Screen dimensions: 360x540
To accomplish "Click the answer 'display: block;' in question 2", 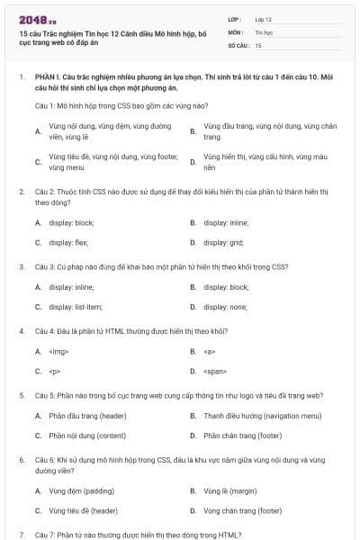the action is pyautogui.click(x=71, y=221).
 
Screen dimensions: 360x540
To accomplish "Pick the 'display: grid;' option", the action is pyautogui.click(x=223, y=242).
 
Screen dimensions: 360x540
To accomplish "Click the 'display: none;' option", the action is pyautogui.click(x=225, y=307).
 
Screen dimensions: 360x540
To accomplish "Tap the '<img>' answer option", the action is pyautogui.click(x=58, y=351).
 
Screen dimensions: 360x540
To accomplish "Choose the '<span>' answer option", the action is pyautogui.click(x=214, y=371).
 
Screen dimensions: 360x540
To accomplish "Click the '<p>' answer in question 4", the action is pyautogui.click(x=54, y=371).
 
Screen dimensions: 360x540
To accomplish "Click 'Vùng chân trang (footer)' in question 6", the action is pyautogui.click(x=243, y=510).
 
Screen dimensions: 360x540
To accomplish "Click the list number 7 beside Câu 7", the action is pyautogui.click(x=21, y=535).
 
